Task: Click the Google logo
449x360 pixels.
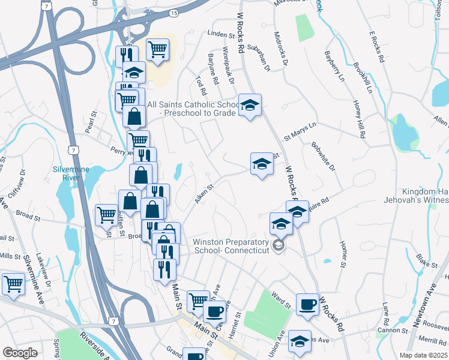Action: tap(20, 353)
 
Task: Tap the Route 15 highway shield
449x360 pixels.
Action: tap(173, 13)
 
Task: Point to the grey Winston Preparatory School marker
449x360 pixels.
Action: tap(277, 245)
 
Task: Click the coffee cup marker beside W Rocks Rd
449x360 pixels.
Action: tap(308, 304)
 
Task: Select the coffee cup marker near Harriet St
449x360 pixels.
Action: tap(215, 311)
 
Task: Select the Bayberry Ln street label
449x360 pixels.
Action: tap(335, 69)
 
